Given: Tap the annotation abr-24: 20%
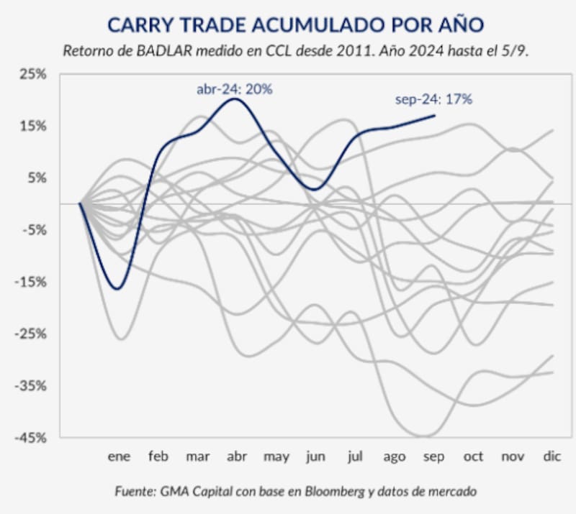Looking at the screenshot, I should pos(235,89).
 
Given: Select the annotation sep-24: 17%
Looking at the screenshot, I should pos(433,99).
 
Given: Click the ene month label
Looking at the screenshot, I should pos(119,456).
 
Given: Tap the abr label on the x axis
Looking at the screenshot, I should pos(237,456).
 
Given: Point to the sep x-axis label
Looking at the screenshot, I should pos(433,456).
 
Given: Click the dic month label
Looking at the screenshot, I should pos(552,456).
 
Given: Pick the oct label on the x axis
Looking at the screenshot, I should pos(473,456).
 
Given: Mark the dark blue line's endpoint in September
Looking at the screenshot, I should pos(435,115).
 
